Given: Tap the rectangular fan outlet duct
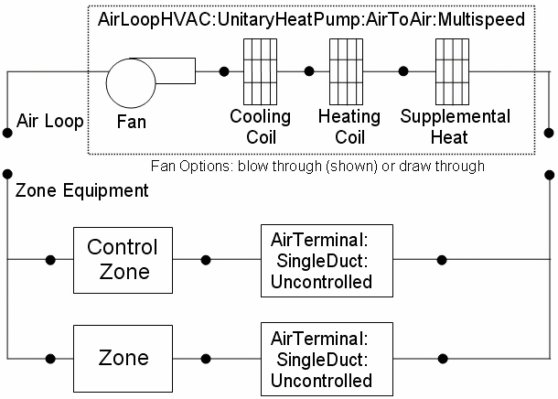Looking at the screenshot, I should [177, 70].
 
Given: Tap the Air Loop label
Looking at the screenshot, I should [50, 120].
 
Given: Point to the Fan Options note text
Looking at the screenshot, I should [317, 167].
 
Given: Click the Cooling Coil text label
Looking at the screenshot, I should [261, 127].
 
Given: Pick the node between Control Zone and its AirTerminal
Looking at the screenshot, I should [207, 260].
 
